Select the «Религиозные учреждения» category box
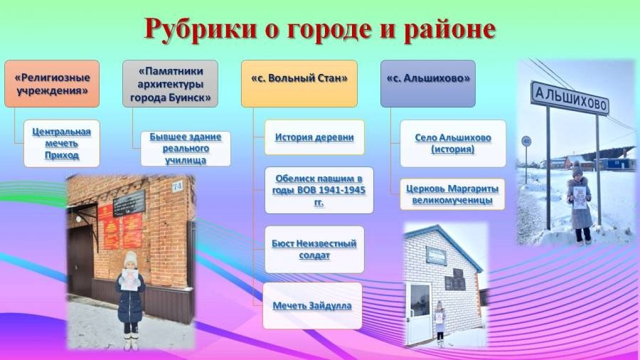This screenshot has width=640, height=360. pos(52,84)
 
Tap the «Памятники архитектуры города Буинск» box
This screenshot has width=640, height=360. pos(170,84)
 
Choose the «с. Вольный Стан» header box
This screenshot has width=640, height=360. pos(299,84)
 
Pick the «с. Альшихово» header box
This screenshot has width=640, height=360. pos(428,84)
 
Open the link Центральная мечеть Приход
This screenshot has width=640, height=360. pos(62,143)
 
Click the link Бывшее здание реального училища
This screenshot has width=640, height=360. pos(186,148)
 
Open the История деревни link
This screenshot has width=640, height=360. pos(314,137)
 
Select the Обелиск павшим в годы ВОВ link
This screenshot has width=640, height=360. pos(319,190)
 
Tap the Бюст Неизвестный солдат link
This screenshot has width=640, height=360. pos(314,250)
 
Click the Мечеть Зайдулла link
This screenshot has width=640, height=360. pos(312,306)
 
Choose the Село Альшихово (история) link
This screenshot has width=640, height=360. pos(453,143)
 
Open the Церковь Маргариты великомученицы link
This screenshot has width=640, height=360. pos(452,194)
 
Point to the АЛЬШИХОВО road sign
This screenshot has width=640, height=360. pos(570,97)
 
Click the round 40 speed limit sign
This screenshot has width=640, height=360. pos(526,142)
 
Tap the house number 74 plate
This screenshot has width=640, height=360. pos(177,186)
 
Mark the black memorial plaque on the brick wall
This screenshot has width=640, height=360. pos(129,203)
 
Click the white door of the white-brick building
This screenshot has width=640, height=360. pos(419,312)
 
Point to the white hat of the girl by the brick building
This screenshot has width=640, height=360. pos(131,258)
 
